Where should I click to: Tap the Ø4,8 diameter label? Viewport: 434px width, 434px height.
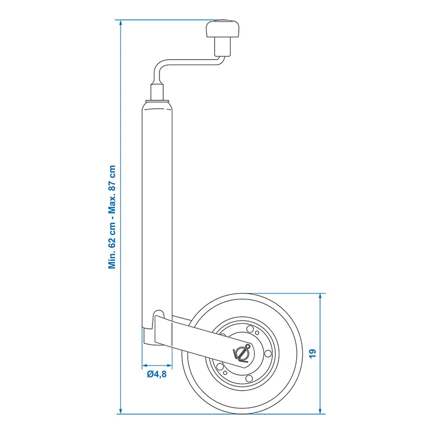(156, 374)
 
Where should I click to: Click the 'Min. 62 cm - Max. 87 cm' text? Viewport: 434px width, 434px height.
(113, 217)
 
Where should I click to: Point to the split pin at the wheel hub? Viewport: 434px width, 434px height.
(241, 353)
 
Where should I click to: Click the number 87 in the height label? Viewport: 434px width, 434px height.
(113, 184)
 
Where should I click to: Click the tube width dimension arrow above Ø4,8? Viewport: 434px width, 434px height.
(157, 364)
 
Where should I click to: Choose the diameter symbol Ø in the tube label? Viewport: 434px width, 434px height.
(149, 374)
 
